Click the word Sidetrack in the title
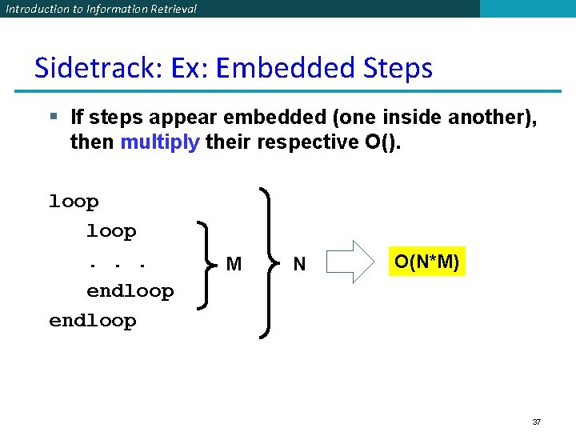tap(83, 68)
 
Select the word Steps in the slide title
tap(398, 68)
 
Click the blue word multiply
tap(159, 142)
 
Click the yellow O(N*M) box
tap(426, 262)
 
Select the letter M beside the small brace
tap(234, 264)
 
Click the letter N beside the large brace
tap(299, 264)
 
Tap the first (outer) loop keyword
tap(74, 202)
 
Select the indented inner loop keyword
tap(111, 231)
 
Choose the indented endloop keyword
tap(130, 291)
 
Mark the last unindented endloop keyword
tap(92, 321)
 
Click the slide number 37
tap(537, 421)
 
